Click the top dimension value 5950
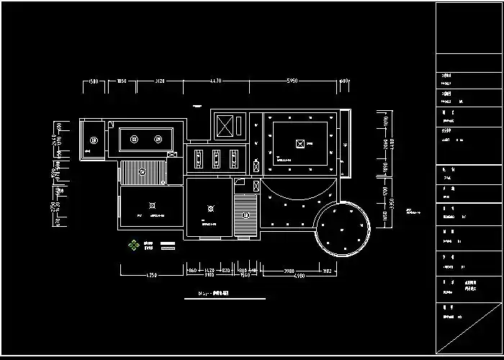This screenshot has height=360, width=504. click(x=292, y=81)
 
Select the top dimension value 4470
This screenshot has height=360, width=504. click(x=215, y=81)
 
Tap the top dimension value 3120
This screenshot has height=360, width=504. click(x=160, y=81)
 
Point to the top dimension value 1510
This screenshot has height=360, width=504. click(x=92, y=81)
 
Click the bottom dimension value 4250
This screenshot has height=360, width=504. click(x=152, y=275)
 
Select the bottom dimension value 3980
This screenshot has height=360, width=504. click(x=288, y=270)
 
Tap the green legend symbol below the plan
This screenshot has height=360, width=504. click(x=133, y=245)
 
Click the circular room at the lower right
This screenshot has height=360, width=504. click(x=342, y=228)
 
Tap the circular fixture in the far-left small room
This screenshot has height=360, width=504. click(x=93, y=140)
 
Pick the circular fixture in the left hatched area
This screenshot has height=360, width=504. click(x=143, y=171)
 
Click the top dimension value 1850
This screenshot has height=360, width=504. click(x=122, y=81)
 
